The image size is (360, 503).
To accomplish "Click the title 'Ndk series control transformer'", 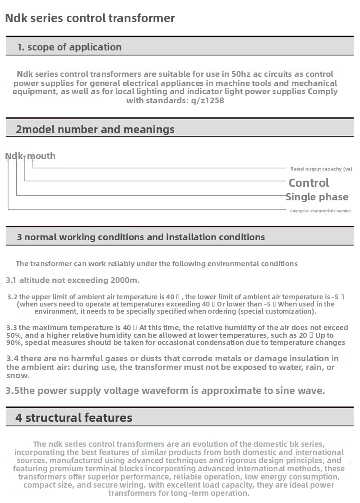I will pyautogui.click(x=90, y=19).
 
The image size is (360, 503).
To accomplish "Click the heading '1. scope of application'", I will pyautogui.click(x=69, y=47).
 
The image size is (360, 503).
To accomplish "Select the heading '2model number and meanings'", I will pyautogui.click(x=95, y=129).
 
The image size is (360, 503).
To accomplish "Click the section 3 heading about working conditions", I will pyautogui.click(x=141, y=237).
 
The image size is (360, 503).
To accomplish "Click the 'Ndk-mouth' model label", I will pyautogui.click(x=30, y=156).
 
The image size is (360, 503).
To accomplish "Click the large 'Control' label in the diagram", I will pyautogui.click(x=309, y=183).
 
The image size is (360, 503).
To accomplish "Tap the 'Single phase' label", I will pyautogui.click(x=317, y=197).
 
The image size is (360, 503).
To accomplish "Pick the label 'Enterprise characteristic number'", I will pyautogui.click(x=321, y=211).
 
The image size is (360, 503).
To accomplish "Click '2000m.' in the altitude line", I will pyautogui.click(x=125, y=280).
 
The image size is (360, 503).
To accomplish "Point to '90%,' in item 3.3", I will pyautogui.click(x=16, y=343).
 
